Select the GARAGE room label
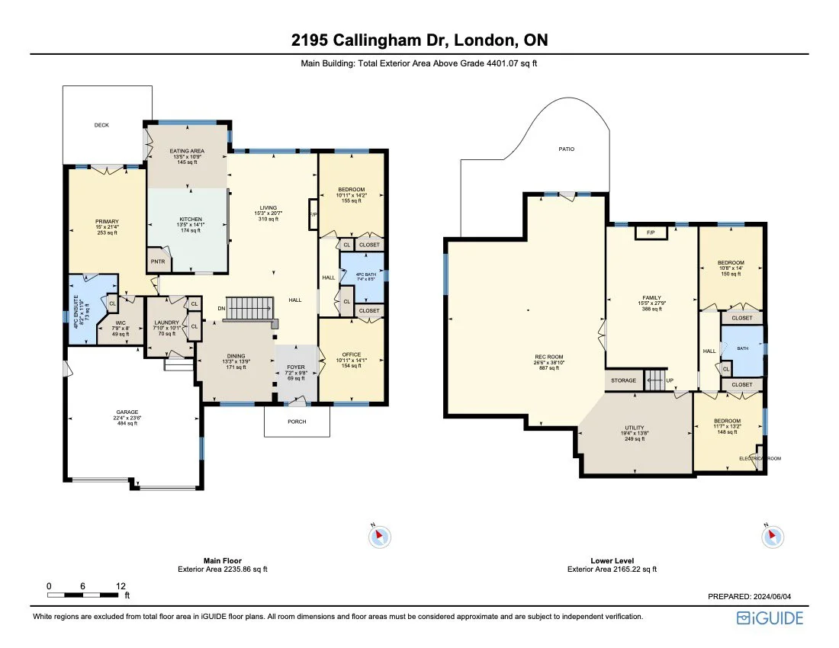pyautogui.click(x=127, y=412)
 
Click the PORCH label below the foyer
pyautogui.click(x=297, y=421)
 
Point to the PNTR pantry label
pyautogui.click(x=158, y=261)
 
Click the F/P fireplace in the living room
pyautogui.click(x=313, y=214)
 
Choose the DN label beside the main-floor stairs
pyautogui.click(x=220, y=308)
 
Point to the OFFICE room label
pyautogui.click(x=351, y=354)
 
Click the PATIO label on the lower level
pyautogui.click(x=565, y=149)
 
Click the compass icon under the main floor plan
pyautogui.click(x=380, y=537)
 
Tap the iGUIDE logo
pyautogui.click(x=770, y=618)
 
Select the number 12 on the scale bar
pyautogui.click(x=121, y=586)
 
